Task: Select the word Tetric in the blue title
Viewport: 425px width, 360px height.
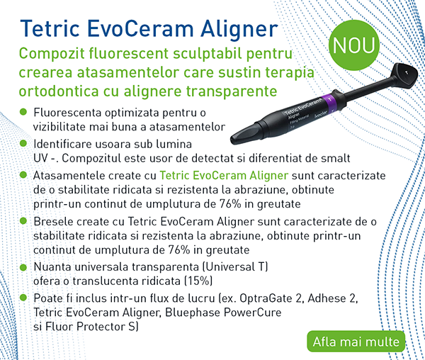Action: click(52, 28)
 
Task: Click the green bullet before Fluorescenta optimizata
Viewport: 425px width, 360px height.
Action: click(23, 113)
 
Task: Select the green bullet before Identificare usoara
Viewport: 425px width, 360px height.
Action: click(23, 143)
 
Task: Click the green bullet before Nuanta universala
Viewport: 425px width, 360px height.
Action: click(23, 267)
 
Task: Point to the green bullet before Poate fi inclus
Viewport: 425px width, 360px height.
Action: click(23, 299)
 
